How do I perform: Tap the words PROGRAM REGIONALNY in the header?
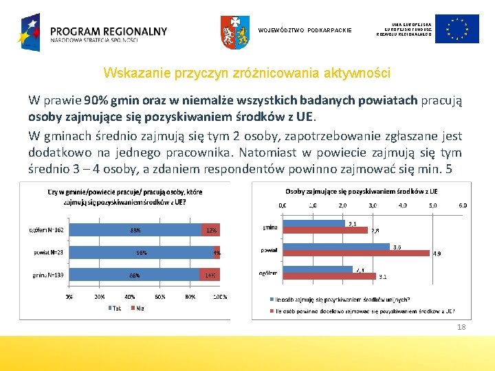(108, 32)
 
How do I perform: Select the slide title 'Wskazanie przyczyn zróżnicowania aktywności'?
(246, 73)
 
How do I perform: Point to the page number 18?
(461, 327)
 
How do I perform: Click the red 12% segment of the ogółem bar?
(210, 230)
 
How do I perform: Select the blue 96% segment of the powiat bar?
(141, 252)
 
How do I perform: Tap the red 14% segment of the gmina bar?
(209, 275)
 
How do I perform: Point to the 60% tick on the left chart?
(161, 297)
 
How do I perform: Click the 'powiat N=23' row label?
(49, 252)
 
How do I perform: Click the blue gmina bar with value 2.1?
(313, 223)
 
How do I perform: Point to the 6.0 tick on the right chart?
(463, 205)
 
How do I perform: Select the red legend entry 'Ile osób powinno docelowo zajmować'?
(364, 311)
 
